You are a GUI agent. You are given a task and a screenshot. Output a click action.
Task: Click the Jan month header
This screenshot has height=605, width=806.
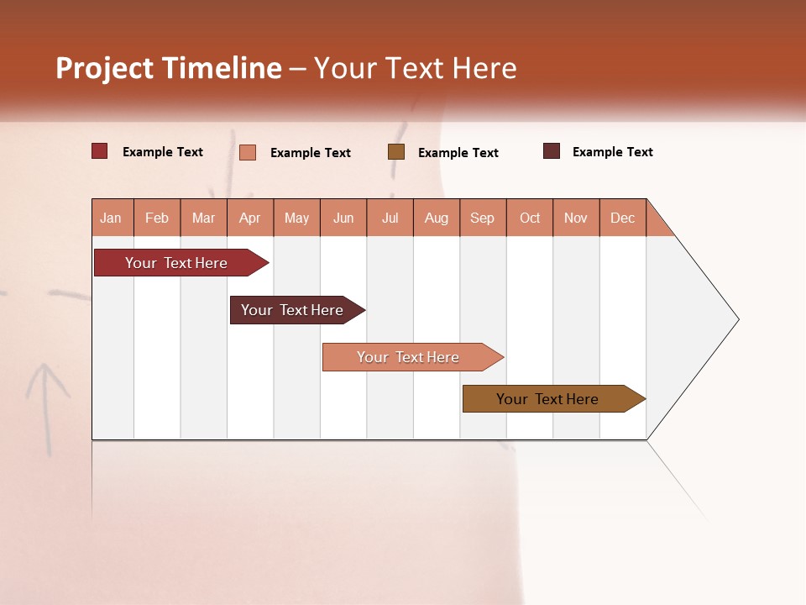pos(112,218)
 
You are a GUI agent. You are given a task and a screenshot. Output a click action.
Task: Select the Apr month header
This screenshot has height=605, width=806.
pos(250,218)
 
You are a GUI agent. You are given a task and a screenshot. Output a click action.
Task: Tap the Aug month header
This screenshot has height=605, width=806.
pos(437,218)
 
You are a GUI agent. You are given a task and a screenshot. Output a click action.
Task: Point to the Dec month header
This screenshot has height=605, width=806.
pos(623,218)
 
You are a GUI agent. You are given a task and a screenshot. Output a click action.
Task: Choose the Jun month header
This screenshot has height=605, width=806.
pos(343,218)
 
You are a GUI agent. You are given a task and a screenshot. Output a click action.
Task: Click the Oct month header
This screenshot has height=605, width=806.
pos(530,218)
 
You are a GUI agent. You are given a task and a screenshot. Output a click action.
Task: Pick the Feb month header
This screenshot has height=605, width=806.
pos(157,218)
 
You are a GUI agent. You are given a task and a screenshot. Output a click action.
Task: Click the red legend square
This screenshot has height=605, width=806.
pos(100,151)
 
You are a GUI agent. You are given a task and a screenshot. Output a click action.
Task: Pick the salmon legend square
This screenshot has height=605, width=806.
pos(248,152)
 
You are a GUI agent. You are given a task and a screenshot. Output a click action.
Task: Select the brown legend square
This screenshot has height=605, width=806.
pos(396,151)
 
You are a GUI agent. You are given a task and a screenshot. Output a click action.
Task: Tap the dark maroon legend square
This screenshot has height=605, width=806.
pos(552,151)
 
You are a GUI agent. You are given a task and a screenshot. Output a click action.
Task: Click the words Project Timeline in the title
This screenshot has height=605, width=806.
pos(168,68)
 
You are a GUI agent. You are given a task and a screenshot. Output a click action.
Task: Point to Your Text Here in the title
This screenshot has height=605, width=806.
pos(416,68)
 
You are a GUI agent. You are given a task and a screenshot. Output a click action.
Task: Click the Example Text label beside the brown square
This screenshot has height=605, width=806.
pos(458,153)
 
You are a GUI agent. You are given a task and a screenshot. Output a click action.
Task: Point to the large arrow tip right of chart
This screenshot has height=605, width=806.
pos(705,319)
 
